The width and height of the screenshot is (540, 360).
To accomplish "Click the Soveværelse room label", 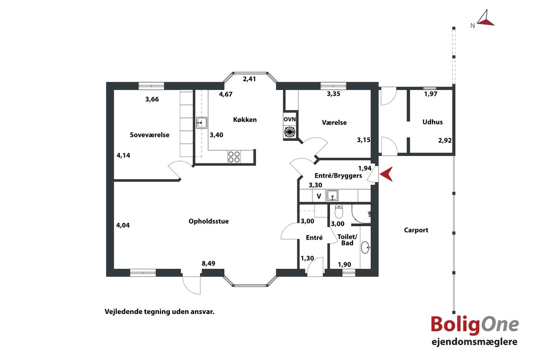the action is point(149,135).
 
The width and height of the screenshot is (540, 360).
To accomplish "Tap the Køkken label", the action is point(245,119).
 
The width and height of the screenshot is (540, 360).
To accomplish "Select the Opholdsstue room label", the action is point(208,221).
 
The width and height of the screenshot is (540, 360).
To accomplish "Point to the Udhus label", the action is point(432,122).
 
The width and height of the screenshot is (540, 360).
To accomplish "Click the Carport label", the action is point(416,230).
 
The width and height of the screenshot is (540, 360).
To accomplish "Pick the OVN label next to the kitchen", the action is point(289,119).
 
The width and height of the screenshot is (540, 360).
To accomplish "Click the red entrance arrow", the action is point(386,174).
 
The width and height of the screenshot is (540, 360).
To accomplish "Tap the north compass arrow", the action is point(485,18).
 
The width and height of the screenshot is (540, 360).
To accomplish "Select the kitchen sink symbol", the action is point(201,123).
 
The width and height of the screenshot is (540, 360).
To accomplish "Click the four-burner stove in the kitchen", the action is point(234,157).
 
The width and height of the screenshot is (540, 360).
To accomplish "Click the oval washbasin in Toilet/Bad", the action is point(365,247).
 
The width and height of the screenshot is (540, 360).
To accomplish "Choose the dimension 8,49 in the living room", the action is point(208,263).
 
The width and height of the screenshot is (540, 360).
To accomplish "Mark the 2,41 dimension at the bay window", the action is point(249,79).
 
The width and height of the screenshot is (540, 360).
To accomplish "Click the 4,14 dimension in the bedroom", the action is point(123,156).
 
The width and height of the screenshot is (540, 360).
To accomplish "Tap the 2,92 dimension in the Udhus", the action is point(445,141).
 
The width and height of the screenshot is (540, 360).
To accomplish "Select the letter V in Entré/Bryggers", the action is point(319,196).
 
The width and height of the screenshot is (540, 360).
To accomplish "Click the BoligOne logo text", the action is point(475,325).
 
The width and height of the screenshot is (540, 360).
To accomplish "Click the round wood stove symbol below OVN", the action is point(289,132).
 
